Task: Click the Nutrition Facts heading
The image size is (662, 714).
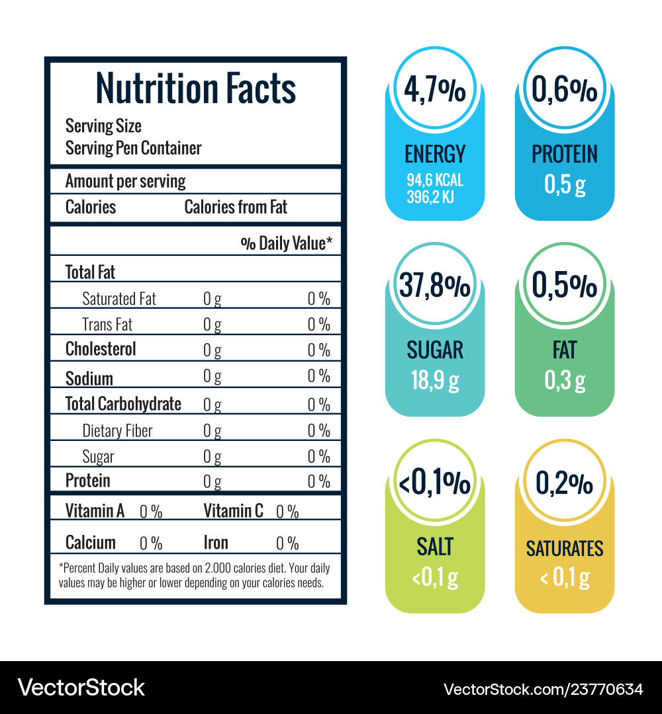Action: click(195, 88)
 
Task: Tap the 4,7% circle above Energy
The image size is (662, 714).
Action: click(434, 93)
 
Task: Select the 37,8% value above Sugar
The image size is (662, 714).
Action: click(434, 287)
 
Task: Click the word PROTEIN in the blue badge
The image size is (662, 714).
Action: click(565, 155)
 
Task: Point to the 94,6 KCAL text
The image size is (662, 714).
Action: click(435, 180)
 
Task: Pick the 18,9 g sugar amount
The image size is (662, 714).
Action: click(435, 381)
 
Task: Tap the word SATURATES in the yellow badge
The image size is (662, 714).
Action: click(565, 549)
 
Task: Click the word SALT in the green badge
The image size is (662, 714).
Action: click(435, 547)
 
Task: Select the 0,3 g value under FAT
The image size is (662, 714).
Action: click(565, 381)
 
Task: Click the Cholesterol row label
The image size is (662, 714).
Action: click(101, 349)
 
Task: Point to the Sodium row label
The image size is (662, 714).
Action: click(89, 378)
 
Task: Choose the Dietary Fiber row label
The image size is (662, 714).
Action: click(117, 431)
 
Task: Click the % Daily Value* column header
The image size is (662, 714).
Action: click(286, 243)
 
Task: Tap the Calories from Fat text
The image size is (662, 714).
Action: click(236, 207)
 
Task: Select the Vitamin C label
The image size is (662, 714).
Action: click(233, 510)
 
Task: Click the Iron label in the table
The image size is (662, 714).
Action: click(216, 543)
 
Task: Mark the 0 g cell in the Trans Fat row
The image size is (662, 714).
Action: click(212, 325)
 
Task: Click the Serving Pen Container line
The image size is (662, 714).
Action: click(133, 148)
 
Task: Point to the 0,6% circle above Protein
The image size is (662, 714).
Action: click(565, 93)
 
